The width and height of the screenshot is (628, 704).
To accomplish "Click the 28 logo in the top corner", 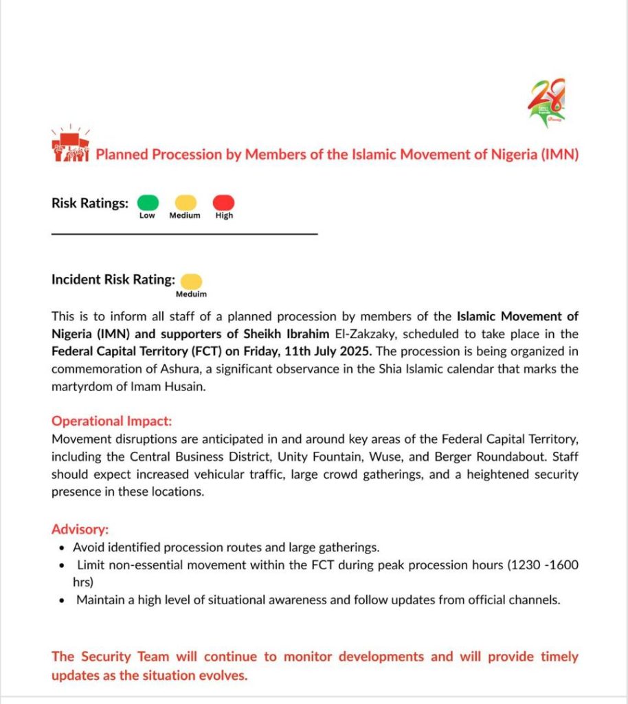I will pos(547,102).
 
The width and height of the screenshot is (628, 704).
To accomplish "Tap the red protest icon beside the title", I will pos(71,145).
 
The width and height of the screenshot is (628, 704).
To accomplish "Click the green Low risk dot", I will pos(148,203).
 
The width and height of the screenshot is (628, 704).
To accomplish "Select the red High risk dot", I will pos(224,203).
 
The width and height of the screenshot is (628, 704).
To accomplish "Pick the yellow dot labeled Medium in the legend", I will pos(185,203).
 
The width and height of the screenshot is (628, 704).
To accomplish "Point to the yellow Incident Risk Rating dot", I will pos(192,281).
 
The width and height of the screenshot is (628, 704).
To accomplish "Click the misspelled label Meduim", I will pos(192,294).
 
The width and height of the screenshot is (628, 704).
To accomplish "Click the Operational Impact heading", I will pos(111,421).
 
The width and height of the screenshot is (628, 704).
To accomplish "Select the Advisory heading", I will pos(80,529).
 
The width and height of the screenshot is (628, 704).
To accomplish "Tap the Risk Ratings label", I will pos(90,203).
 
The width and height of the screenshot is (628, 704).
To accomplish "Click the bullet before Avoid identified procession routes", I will pos(63,548).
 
